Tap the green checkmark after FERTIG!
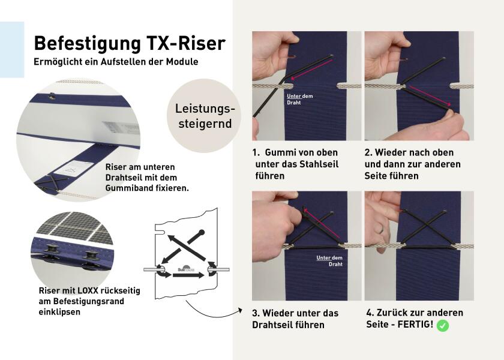443,325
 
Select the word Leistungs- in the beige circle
205,109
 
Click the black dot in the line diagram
202,232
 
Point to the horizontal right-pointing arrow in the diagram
188,275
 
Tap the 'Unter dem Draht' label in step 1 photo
299,99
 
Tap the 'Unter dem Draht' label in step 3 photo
329,260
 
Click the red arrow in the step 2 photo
430,96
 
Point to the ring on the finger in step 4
381,229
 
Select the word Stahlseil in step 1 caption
319,164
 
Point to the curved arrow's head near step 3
240,310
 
